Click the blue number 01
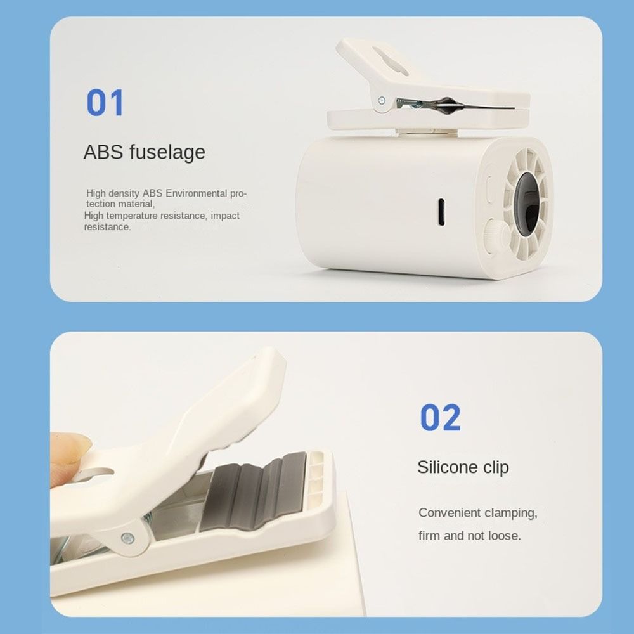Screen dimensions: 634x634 coord(105,103)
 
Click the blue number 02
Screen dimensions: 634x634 coord(440,418)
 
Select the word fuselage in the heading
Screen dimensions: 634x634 coord(167,153)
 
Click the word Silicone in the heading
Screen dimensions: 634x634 coord(447,467)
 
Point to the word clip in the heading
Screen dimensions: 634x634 coord(496,467)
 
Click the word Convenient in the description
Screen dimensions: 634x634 coord(449,512)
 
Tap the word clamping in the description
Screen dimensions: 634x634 coord(510,513)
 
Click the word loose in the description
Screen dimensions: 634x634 coord(504,536)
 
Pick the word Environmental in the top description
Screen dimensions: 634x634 coord(196,193)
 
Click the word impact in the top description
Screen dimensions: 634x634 coord(225,216)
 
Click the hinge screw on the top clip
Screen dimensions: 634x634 coord(382,100)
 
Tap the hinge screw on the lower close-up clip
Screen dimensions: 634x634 coord(127,538)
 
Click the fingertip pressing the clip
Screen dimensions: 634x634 coord(68,451)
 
